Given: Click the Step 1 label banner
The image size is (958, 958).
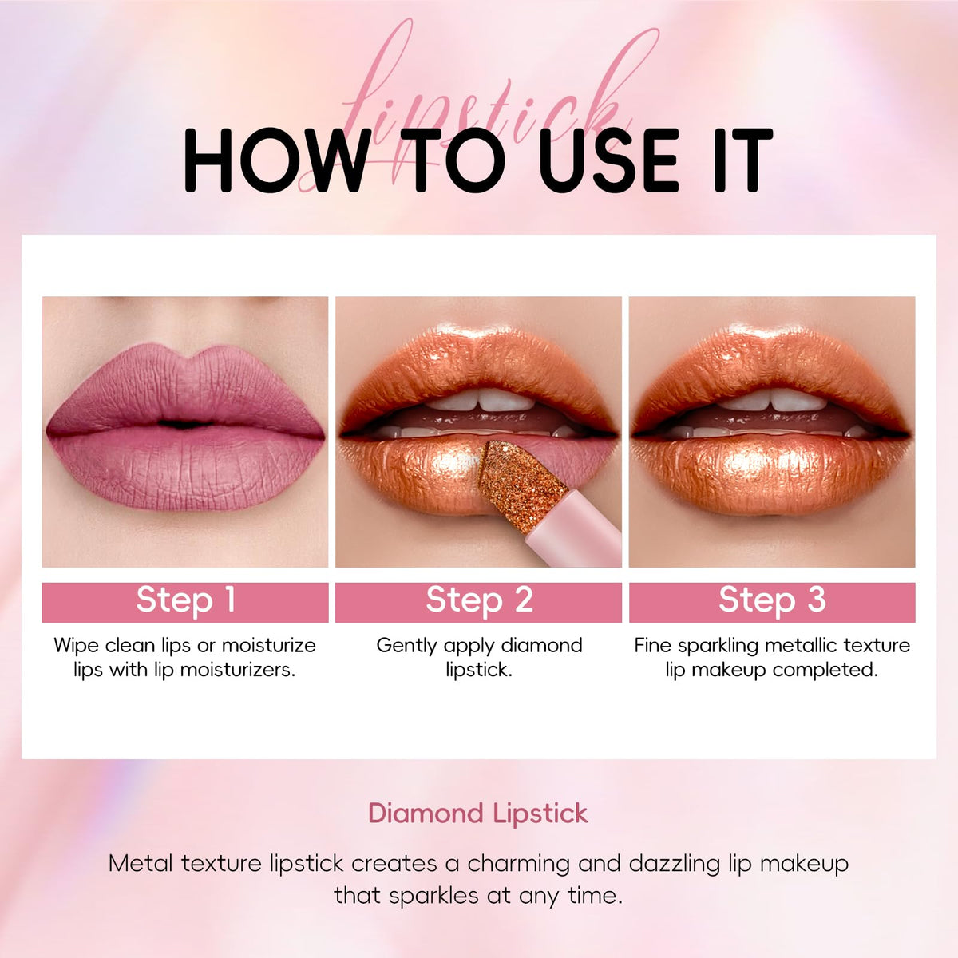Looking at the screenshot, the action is coord(185,602).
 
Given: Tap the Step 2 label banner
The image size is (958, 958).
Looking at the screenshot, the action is coord(478,602).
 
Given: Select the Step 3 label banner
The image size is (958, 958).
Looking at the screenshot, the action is coord(772,602).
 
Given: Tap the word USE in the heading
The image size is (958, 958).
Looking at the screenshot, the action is coord(609,160).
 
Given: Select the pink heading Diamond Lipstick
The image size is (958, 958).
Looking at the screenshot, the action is coord(478,814).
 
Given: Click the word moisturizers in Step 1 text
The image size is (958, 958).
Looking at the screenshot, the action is coord(238,670).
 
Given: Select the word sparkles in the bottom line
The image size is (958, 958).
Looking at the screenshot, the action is coord(433,897).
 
